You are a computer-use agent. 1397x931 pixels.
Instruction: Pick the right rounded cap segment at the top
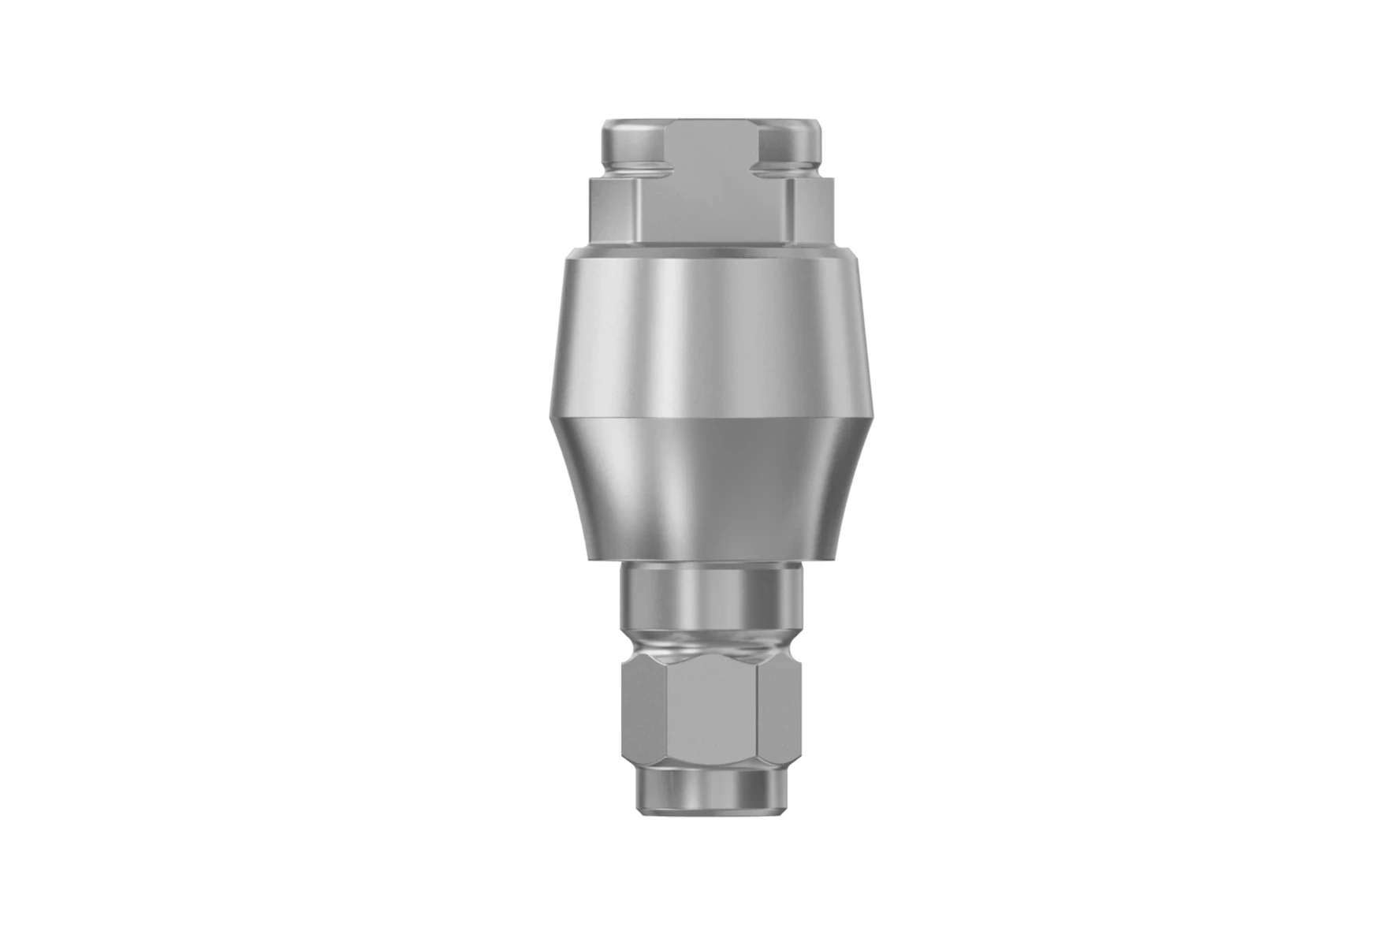coord(789,142)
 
